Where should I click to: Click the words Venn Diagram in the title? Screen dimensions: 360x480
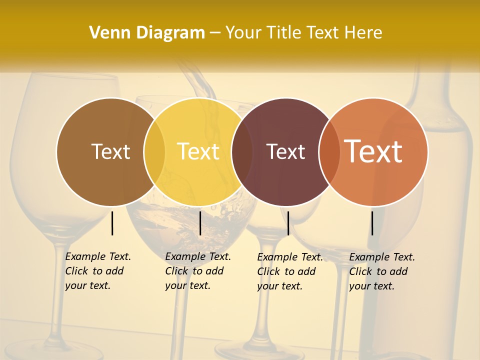[x=146, y=33]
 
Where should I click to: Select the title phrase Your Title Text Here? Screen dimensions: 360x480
[x=303, y=33]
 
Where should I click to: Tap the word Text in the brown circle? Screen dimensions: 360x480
[x=110, y=151]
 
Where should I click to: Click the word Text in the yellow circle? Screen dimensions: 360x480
[x=198, y=151]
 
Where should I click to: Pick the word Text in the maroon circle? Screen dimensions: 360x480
[x=285, y=151]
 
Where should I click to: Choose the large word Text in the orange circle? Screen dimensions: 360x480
[x=373, y=151]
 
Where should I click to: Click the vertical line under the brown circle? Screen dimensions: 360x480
[x=112, y=223]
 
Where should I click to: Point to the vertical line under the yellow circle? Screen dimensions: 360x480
[x=200, y=223]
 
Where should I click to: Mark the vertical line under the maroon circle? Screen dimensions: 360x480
[x=288, y=223]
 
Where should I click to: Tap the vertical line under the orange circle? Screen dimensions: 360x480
[x=372, y=223]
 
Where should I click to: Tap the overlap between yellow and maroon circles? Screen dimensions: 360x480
[x=242, y=151]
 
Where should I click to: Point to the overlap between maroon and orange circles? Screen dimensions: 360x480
[x=329, y=151]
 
